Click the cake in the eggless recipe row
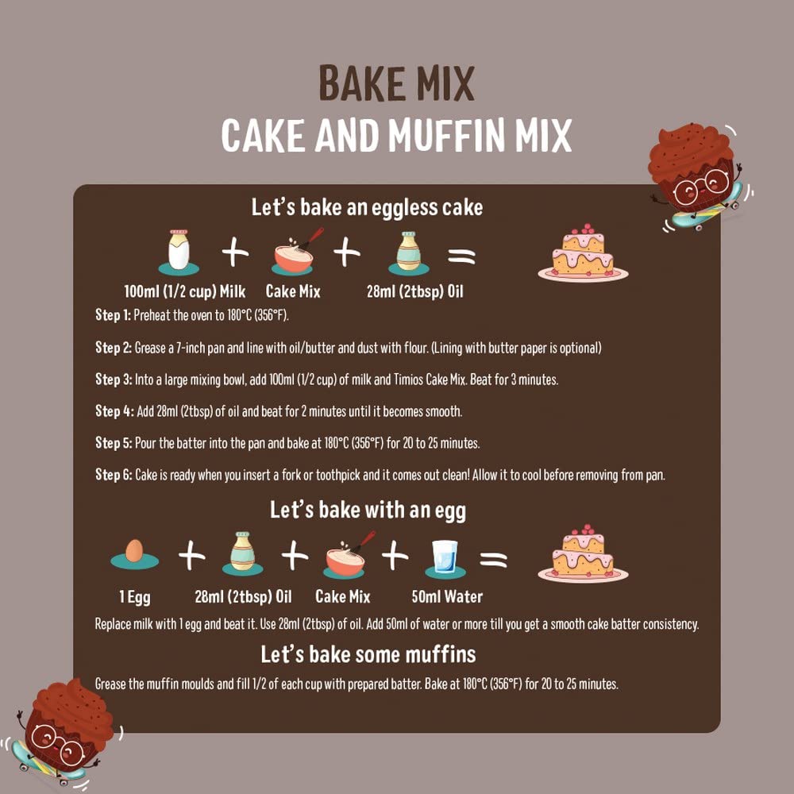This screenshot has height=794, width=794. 583,252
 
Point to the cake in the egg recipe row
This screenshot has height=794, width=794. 583,553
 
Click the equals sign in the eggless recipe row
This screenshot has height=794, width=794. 462,256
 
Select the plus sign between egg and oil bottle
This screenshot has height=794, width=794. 192,556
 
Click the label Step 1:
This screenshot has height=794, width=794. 113,315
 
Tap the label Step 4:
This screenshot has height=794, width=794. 114,410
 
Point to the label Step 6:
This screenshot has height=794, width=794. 114,475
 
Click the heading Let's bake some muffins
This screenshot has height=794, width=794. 368,654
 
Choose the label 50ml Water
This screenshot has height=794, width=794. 447,596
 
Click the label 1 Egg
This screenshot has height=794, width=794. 135,597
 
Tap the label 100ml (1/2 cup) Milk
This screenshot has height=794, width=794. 185,291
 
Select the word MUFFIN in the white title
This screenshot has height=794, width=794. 446,135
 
